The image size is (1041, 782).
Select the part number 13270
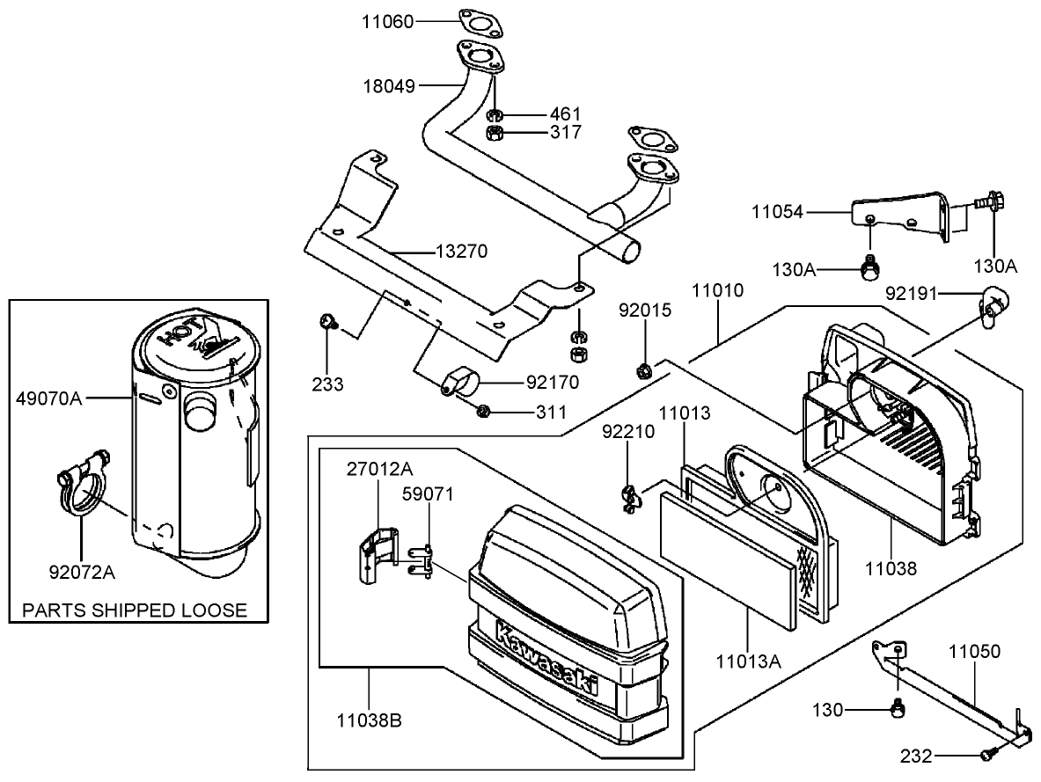tap(461, 252)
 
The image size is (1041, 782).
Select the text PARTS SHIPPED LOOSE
tap(135, 610)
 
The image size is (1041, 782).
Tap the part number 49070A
tap(49, 398)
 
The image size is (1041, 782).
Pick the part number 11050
tap(974, 652)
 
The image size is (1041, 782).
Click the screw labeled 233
tap(327, 323)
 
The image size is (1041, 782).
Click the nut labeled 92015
tap(643, 368)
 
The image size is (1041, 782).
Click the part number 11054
tap(778, 211)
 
